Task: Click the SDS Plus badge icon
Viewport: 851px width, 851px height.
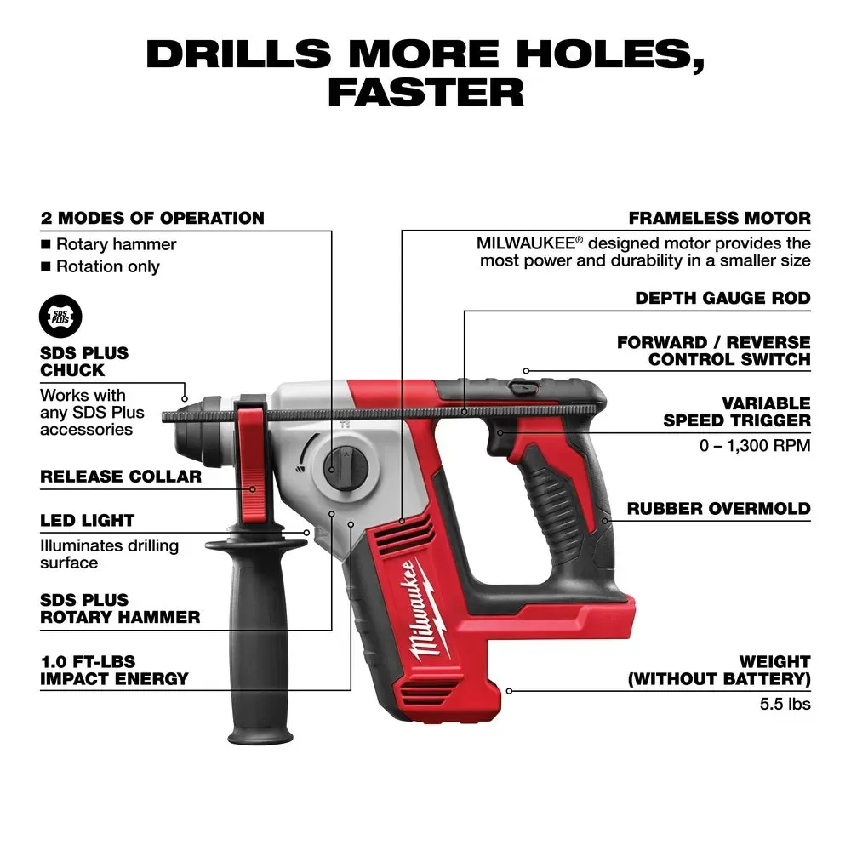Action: (61, 317)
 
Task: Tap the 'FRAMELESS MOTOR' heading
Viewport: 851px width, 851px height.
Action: (719, 219)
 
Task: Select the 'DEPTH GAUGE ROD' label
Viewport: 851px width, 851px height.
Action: (722, 299)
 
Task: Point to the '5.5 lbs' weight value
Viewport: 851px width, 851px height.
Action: (785, 704)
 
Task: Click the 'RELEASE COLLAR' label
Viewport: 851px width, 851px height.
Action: (121, 477)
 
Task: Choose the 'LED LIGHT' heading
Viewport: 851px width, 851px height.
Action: (88, 520)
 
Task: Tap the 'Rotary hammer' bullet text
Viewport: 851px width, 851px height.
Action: (116, 244)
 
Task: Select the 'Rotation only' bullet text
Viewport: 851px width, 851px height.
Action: (107, 266)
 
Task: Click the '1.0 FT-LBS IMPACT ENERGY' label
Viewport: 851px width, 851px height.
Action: (114, 670)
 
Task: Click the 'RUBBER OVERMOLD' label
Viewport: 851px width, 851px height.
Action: (718, 509)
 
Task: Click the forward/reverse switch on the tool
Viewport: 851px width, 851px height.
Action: (520, 388)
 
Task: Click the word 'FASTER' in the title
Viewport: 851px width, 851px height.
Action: (425, 92)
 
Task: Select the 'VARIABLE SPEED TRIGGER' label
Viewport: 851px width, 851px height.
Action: (737, 411)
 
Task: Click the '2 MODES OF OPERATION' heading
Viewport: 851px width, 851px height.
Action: (152, 219)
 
